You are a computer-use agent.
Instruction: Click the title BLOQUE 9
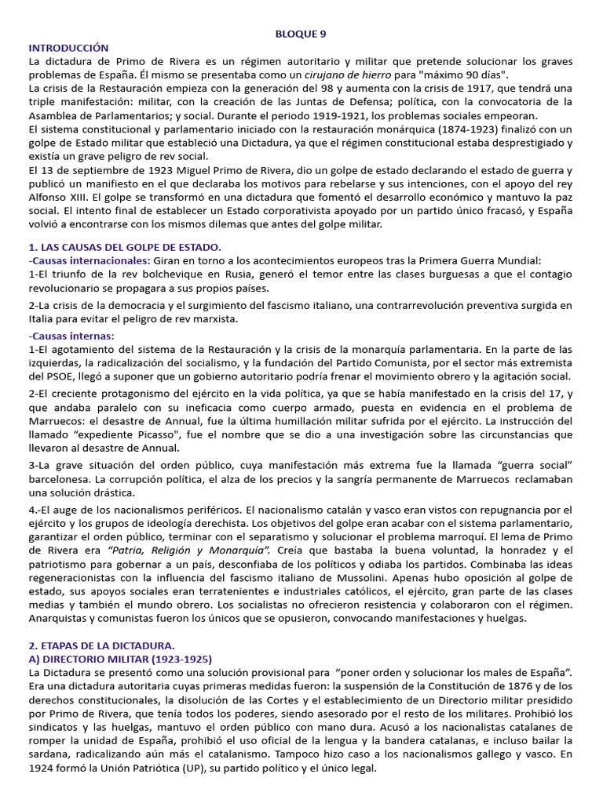click(x=300, y=34)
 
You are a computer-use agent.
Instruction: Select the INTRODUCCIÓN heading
click(x=69, y=48)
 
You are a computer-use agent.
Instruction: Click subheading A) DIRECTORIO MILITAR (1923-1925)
click(x=120, y=659)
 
